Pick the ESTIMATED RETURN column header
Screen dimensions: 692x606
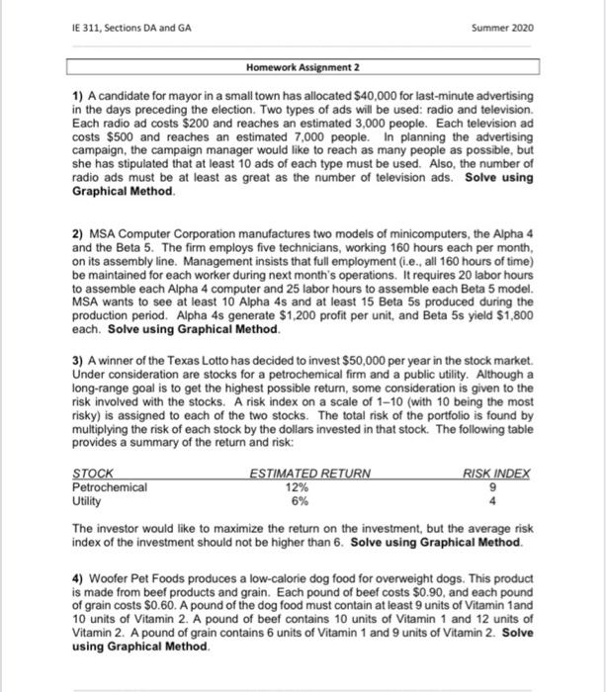[311, 474]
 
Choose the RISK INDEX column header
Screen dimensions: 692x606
[497, 474]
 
